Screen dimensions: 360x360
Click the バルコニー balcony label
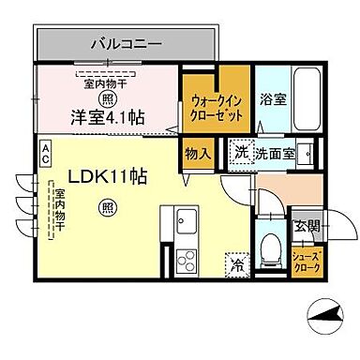[127, 43]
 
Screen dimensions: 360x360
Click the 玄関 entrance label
[306, 225]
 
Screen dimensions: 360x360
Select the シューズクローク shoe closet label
[306, 262]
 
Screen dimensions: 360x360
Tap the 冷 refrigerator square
[236, 264]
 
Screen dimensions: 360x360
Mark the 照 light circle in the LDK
[108, 207]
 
